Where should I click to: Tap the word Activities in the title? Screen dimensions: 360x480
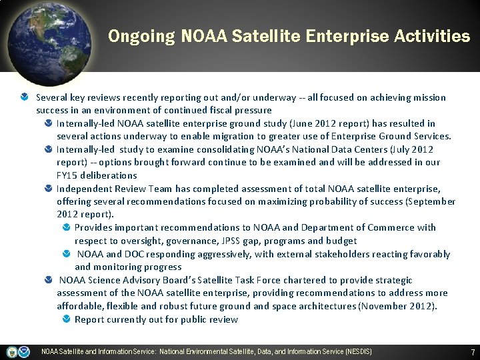pos(431,36)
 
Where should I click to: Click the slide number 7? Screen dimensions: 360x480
pos(473,351)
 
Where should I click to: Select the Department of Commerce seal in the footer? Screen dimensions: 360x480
pos(12,351)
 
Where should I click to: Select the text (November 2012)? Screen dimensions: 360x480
pos(398,306)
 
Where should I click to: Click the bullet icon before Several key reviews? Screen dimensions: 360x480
pos(25,97)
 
